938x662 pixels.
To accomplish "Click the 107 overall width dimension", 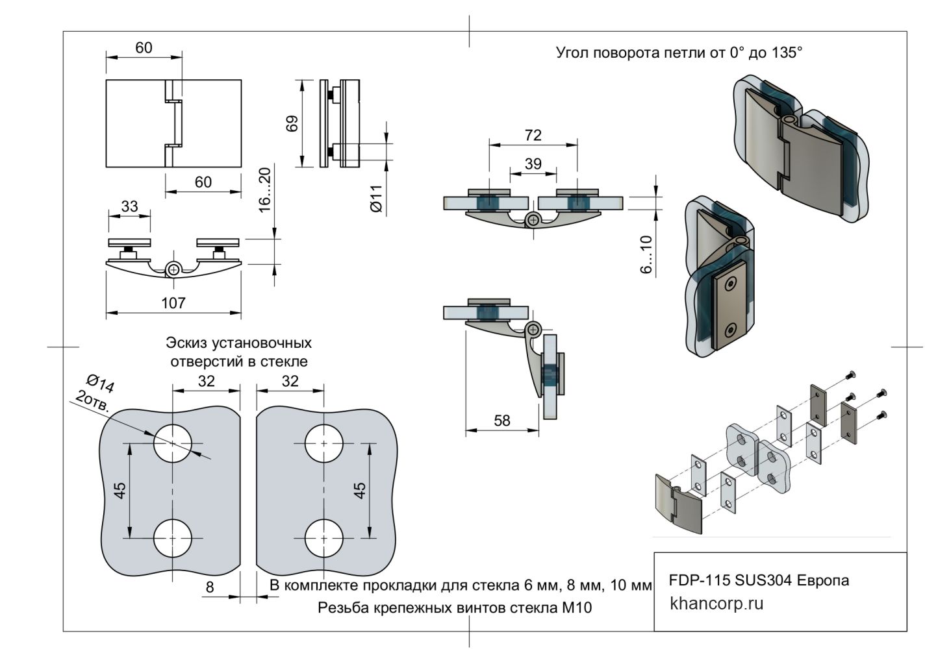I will pyautogui.click(x=173, y=302).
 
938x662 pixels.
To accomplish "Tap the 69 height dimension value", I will pyautogui.click(x=292, y=123).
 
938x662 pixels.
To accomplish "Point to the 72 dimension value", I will pyautogui.click(x=533, y=135).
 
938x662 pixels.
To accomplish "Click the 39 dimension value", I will pyautogui.click(x=533, y=164).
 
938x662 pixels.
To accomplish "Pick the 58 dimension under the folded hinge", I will pyautogui.click(x=502, y=421).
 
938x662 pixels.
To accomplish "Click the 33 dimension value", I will pyautogui.click(x=129, y=206).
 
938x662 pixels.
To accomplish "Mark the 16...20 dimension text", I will pyautogui.click(x=264, y=190).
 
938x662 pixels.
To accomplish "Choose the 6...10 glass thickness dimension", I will pyautogui.click(x=646, y=254).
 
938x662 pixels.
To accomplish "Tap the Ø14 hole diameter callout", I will pyautogui.click(x=101, y=384).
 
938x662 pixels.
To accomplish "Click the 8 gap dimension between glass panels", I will pyautogui.click(x=209, y=587).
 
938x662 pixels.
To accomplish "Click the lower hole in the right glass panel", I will pyautogui.click(x=324, y=538).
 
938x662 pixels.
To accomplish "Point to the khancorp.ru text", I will pyautogui.click(x=716, y=604).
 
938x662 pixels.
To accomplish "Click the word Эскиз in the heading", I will pyautogui.click(x=188, y=342).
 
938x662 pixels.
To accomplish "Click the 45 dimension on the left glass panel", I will pyautogui.click(x=120, y=490).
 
